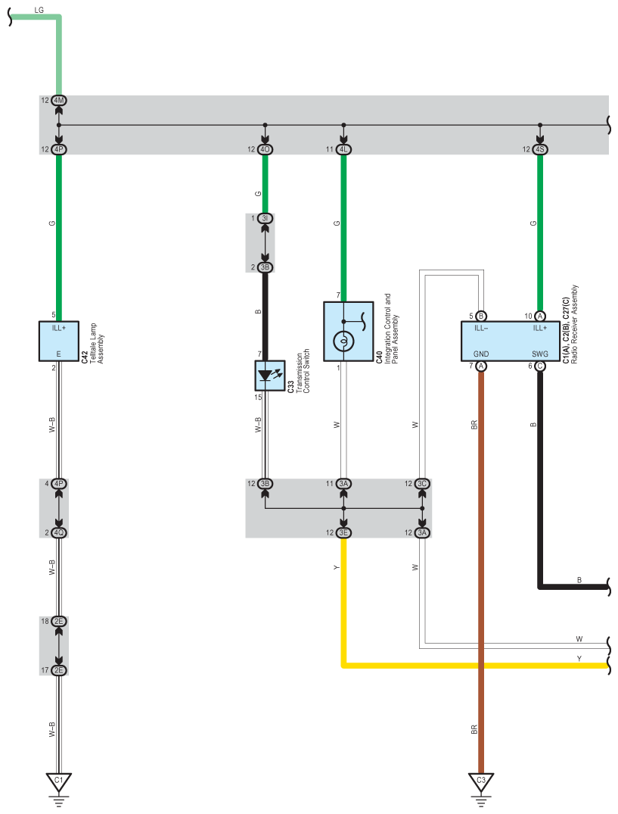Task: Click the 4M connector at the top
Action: [x=58, y=100]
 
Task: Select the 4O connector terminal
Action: [x=265, y=149]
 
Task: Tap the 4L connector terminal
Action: [x=343, y=149]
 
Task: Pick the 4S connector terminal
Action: [x=540, y=149]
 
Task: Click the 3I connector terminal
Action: [x=265, y=218]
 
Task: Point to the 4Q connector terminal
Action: [x=58, y=532]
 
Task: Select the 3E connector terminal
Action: [x=343, y=532]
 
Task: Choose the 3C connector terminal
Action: [x=422, y=484]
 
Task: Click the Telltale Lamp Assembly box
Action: [x=58, y=341]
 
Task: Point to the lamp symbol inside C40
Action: [x=343, y=341]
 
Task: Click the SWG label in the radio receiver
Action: [x=540, y=354]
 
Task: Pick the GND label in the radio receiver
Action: [x=481, y=354]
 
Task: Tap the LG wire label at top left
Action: [x=39, y=10]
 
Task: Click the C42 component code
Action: [x=85, y=357]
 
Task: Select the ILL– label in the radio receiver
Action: [x=481, y=328]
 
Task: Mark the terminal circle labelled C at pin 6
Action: [x=540, y=366]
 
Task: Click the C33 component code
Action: [x=290, y=386]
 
